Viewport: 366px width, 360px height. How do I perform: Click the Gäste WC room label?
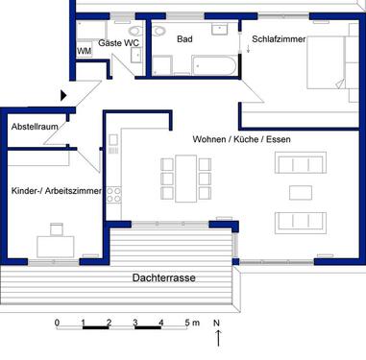118,44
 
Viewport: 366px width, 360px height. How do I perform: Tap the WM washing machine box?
84,51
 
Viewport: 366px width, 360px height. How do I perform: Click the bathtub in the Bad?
212,64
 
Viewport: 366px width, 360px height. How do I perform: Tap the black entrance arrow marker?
64,95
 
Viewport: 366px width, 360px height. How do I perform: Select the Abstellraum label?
36,126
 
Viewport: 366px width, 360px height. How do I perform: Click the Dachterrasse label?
164,277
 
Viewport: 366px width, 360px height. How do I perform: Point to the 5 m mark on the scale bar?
191,322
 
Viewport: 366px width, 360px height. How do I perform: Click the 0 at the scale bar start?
57,322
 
